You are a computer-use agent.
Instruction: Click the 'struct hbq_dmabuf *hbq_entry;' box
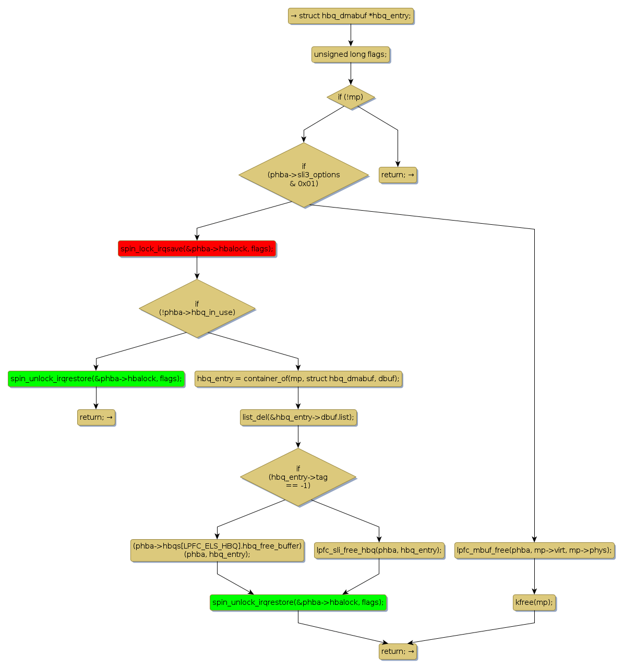(351, 16)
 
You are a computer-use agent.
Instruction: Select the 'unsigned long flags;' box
(351, 54)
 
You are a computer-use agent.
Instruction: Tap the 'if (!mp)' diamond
(351, 97)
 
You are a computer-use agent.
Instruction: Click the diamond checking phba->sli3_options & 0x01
(304, 175)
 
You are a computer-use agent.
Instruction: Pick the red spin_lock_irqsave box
(197, 249)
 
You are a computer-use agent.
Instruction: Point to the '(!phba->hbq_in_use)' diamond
(197, 308)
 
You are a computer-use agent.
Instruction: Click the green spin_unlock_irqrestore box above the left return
(96, 379)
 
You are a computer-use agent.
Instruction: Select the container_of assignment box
(298, 379)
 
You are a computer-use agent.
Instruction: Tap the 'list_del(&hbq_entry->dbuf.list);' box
(298, 417)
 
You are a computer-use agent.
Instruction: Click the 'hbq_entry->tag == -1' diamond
(298, 477)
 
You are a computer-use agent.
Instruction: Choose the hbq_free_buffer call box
(217, 550)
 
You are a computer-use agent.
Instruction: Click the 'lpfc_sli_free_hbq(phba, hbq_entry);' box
(379, 550)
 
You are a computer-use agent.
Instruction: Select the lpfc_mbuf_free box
(534, 550)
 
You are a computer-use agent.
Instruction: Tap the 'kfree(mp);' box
(534, 602)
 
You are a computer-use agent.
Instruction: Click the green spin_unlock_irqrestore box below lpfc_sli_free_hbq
(298, 602)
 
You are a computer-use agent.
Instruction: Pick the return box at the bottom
(398, 651)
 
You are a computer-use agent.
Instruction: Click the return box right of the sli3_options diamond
(398, 175)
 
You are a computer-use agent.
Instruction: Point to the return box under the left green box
(96, 417)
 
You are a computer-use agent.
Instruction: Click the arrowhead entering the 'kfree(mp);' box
(534, 591)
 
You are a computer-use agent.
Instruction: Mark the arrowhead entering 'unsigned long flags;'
(351, 43)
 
